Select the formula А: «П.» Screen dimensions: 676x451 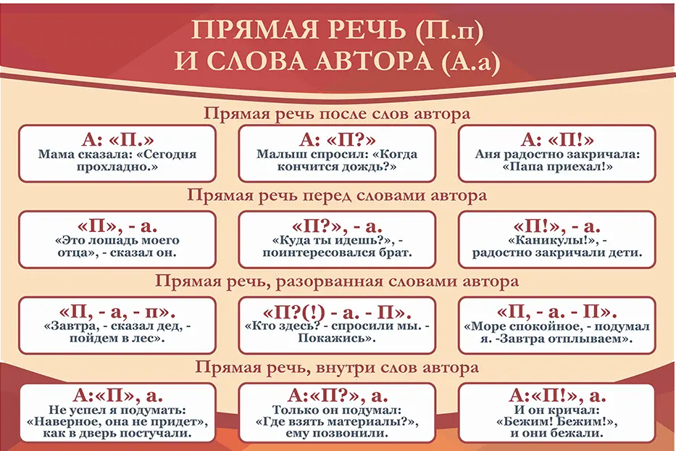pyautogui.click(x=117, y=139)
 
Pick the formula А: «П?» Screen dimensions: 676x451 pyautogui.click(x=337, y=139)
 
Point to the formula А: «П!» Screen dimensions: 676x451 pyautogui.click(x=557, y=139)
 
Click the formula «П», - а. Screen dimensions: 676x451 pyautogui.click(x=117, y=225)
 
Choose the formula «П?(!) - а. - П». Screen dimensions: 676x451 pyautogui.click(x=337, y=312)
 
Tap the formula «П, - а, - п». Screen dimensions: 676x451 pyautogui.click(x=117, y=312)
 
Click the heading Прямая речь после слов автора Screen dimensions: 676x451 pyautogui.click(x=337, y=114)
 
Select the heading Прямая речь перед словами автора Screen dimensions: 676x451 pyautogui.click(x=337, y=195)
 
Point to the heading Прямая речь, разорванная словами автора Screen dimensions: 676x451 pyautogui.click(x=337, y=281)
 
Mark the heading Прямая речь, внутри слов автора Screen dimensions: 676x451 pyautogui.click(x=337, y=368)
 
